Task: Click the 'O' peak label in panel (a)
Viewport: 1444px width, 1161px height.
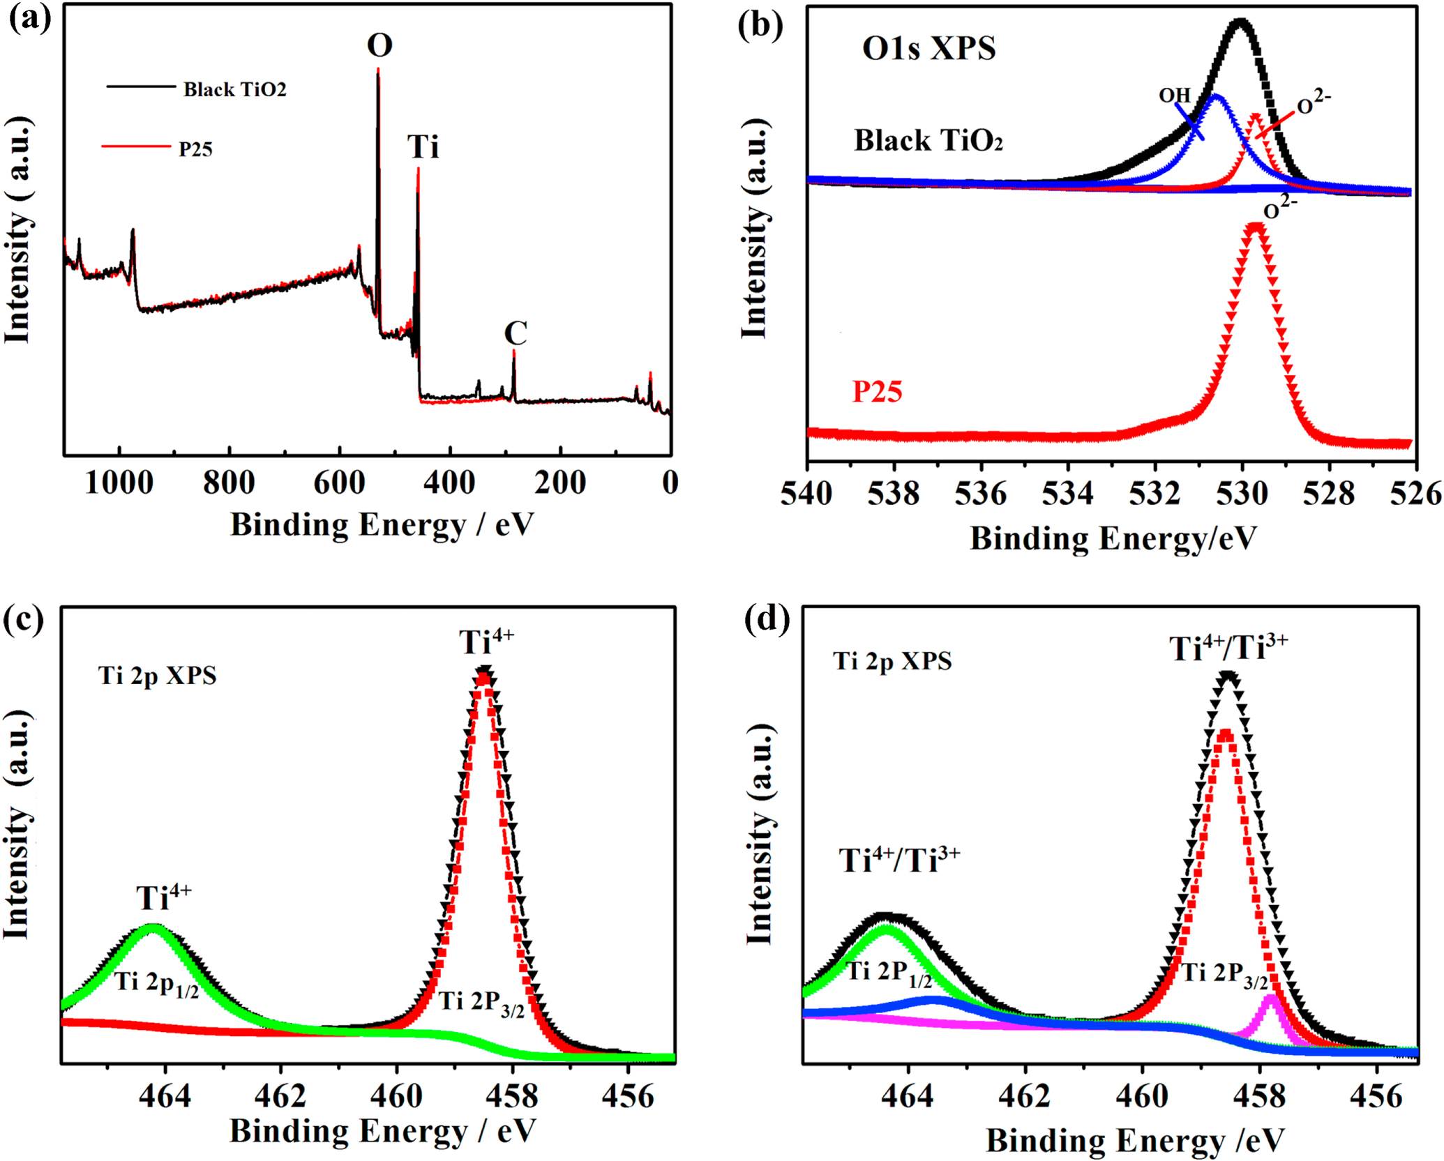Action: point(379,45)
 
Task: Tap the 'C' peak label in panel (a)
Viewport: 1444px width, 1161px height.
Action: point(516,333)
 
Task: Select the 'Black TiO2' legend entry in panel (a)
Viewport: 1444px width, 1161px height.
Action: point(234,89)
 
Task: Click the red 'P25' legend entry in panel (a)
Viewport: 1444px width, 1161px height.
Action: point(195,149)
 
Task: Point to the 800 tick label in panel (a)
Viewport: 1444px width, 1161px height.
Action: point(229,483)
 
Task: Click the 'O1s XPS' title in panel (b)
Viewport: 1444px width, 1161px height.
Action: point(928,48)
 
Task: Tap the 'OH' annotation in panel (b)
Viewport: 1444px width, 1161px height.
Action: point(1175,96)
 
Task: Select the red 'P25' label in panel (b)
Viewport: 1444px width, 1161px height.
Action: point(877,392)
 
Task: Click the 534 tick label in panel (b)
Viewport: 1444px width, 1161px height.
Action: point(1067,494)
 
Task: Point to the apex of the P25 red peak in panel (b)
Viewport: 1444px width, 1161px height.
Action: point(1255,227)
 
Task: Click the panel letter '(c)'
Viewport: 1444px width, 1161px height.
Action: point(23,619)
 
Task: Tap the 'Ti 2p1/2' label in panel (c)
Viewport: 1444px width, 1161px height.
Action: point(157,983)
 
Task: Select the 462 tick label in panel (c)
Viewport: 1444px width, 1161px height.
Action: point(280,1096)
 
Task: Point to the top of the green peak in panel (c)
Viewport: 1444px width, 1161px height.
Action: point(153,928)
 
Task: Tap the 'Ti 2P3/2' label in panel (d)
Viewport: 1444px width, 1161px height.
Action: point(1224,974)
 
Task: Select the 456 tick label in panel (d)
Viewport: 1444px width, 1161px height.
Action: point(1376,1096)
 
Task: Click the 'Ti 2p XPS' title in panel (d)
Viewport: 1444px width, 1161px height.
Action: point(892,660)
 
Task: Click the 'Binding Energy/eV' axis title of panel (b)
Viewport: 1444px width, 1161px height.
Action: point(1113,539)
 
